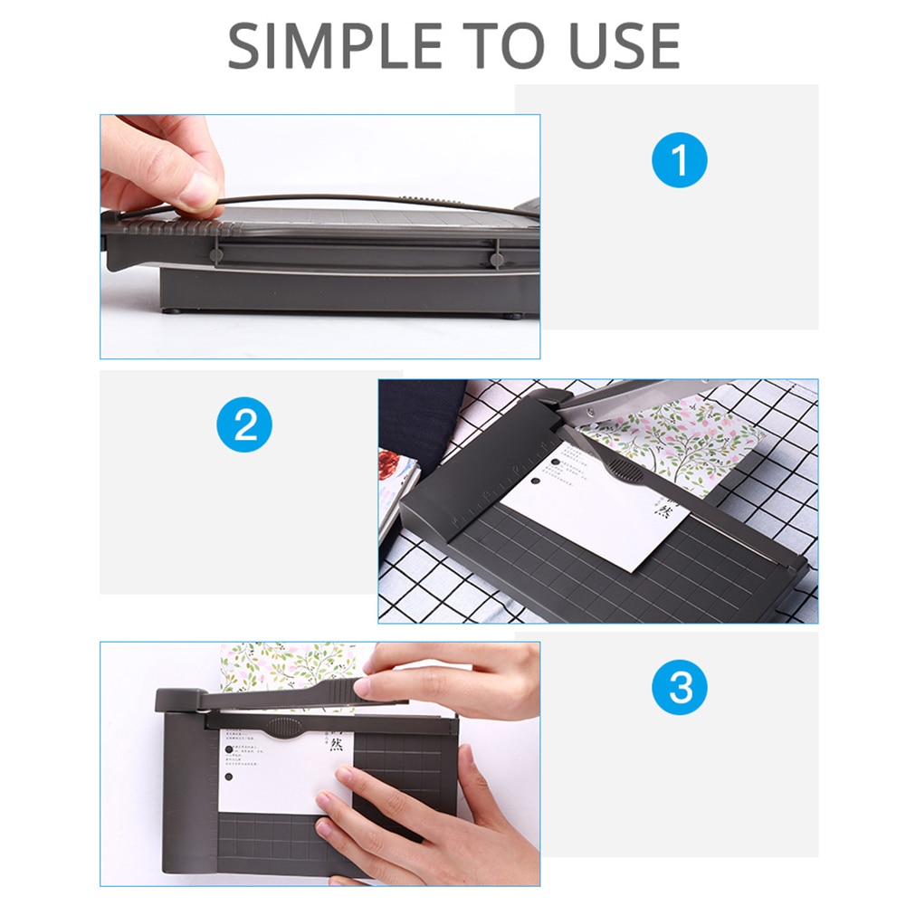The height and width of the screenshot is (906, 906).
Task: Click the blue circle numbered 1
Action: (x=679, y=161)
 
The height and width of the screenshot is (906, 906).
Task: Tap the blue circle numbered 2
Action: (x=245, y=424)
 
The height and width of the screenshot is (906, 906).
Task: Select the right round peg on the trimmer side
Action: (x=497, y=259)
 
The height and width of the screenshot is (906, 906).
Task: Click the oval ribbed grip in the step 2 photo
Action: (x=622, y=468)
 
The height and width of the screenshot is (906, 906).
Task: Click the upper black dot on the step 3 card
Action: (x=227, y=748)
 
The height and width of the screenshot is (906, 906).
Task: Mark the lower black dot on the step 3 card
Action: (x=227, y=777)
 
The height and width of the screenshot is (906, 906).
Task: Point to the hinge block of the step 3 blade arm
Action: (x=180, y=700)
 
